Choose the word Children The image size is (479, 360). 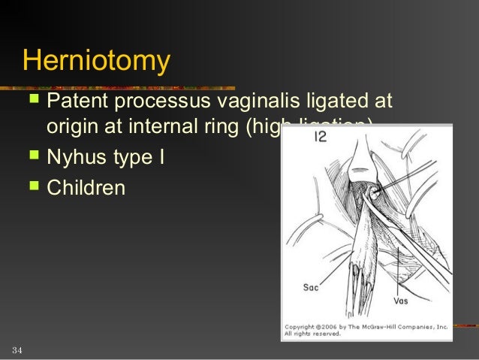point(86,188)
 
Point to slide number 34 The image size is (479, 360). point(17,351)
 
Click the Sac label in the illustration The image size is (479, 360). point(312,286)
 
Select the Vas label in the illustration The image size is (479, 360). point(401,301)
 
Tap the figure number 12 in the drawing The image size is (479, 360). point(321,137)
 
